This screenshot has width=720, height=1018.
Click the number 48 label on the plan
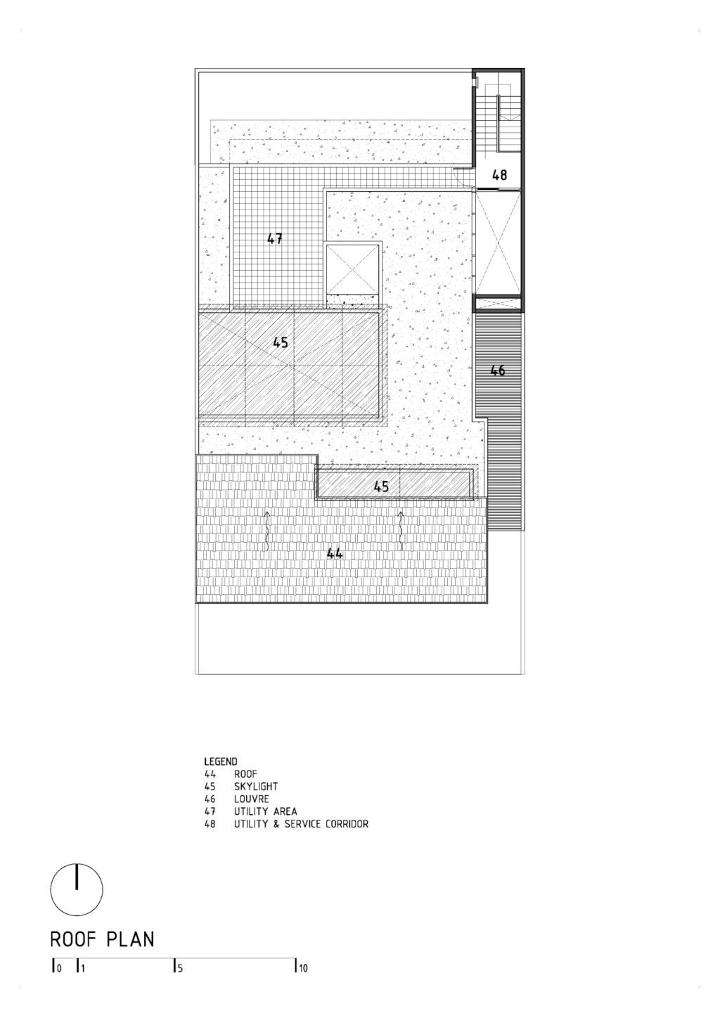pos(499,175)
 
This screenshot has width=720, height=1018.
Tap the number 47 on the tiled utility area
pos(275,238)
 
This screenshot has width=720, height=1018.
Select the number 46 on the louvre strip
pos(498,371)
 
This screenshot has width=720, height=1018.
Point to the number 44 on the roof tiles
pos(335,553)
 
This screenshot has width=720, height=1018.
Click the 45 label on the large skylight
pos(281,342)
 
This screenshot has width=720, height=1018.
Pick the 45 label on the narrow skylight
pos(381,487)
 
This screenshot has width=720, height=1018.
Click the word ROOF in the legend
pos(245,774)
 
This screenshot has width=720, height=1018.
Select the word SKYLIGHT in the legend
pos(255,786)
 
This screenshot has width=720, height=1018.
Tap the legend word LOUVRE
pos(251,799)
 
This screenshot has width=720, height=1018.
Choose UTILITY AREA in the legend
pos(266,811)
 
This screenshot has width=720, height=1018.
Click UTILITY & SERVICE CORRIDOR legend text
pos(301,823)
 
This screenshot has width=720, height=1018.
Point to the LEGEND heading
pos(221,761)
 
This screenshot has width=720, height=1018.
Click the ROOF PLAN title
pos(102,940)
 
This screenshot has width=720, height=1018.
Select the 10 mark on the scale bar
pos(302,969)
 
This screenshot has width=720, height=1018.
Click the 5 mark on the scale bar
pos(177,969)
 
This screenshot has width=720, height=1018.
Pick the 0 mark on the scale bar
pos(57,969)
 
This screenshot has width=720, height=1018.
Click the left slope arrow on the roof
pos(267,531)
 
